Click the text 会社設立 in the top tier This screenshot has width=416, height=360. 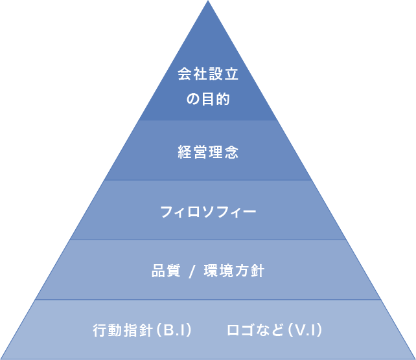[208, 74]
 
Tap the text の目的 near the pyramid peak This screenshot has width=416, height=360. [208, 100]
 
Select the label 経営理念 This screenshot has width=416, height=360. [208, 153]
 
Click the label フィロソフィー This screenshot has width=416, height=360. [208, 212]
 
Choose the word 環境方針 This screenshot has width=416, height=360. [234, 271]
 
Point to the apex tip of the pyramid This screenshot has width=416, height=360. [208, 2]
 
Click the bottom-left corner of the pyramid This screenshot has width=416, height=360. [2, 358]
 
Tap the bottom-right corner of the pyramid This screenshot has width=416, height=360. [414, 358]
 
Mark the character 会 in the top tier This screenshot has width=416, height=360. [185, 74]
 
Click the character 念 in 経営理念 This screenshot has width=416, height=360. [231, 153]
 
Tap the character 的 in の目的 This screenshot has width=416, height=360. [224, 100]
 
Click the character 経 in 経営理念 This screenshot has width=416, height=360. [185, 153]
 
